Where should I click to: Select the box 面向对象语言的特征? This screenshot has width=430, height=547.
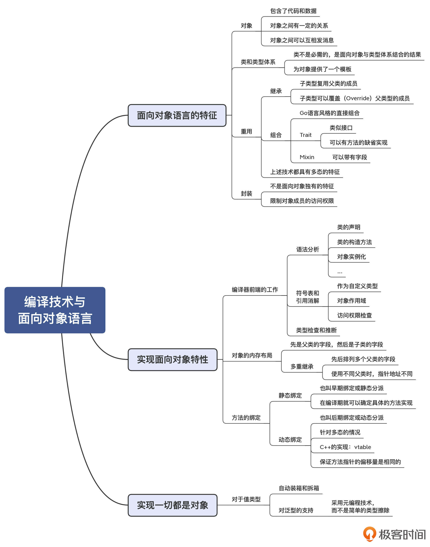(x=177, y=115)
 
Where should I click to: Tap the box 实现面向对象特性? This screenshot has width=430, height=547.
(x=172, y=360)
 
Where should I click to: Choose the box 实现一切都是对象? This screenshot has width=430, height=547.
(x=172, y=505)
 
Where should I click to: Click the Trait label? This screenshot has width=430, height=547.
(x=305, y=135)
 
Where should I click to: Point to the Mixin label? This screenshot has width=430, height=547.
(x=307, y=157)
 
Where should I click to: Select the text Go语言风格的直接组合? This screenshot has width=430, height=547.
(x=329, y=113)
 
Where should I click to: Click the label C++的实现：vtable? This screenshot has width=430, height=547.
(x=345, y=447)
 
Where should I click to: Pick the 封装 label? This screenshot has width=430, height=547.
(x=246, y=193)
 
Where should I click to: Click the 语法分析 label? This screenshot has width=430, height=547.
(x=307, y=249)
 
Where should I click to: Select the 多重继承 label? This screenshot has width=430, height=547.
(x=302, y=366)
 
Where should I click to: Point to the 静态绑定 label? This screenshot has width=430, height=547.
(x=290, y=395)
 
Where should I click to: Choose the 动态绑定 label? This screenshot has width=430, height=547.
(x=290, y=440)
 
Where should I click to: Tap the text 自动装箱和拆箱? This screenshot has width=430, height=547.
(x=299, y=488)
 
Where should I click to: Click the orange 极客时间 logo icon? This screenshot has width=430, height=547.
(x=369, y=534)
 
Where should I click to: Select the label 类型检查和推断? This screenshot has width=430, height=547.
(x=316, y=330)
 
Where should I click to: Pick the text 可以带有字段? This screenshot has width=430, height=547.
(x=349, y=157)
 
